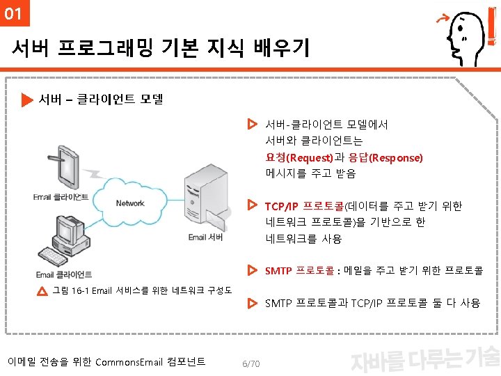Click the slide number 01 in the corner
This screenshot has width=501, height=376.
[13, 13]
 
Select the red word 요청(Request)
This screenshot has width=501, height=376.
[299, 158]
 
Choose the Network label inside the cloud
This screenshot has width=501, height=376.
[130, 203]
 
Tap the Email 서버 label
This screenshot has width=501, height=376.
[206, 237]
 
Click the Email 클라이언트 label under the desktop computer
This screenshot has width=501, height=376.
[64, 275]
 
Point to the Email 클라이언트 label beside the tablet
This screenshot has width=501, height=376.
[61, 197]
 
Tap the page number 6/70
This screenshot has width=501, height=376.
[250, 364]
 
